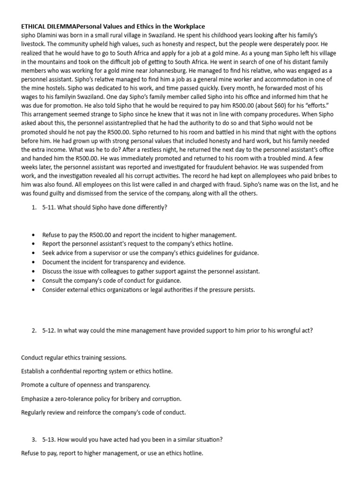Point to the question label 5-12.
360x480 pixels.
click(49, 330)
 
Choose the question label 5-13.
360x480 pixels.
click(49, 440)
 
